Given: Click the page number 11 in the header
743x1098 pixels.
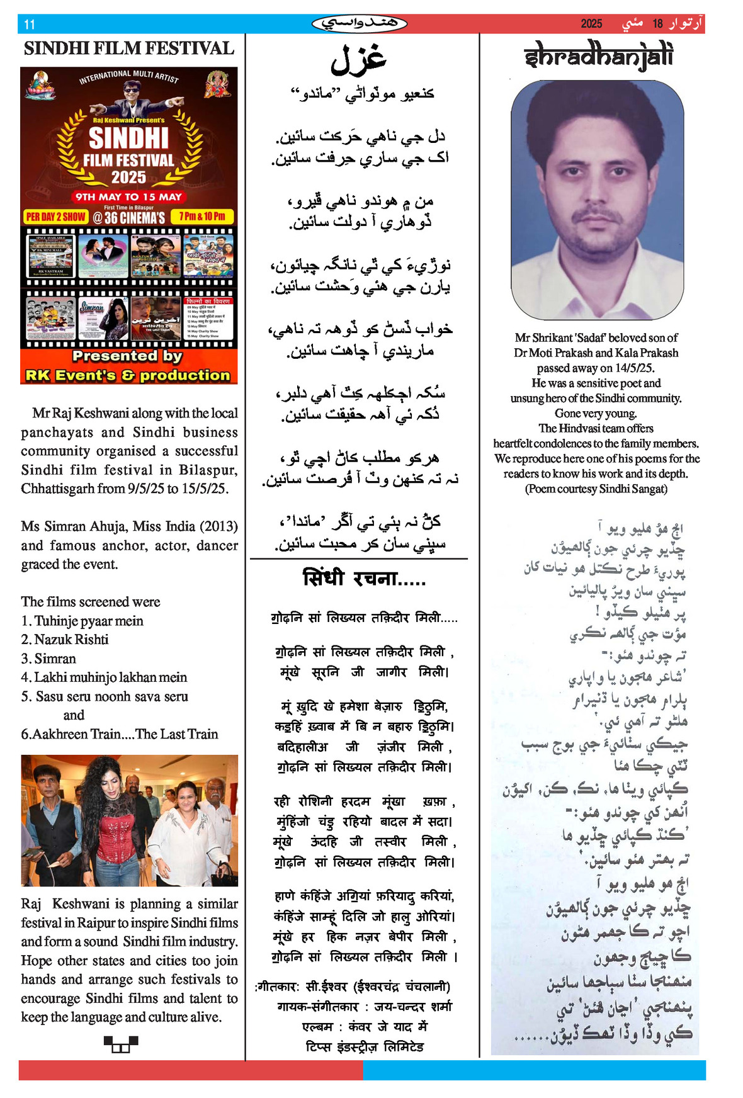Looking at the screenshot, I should (30, 25).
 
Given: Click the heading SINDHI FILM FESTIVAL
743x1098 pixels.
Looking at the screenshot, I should (129, 48).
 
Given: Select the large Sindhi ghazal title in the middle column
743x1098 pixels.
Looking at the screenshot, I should (358, 59).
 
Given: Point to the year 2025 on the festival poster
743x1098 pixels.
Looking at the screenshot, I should (128, 178).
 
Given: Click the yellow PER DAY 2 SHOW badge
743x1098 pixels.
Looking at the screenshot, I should (55, 217).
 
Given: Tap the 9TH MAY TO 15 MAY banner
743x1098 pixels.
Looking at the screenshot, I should (128, 196).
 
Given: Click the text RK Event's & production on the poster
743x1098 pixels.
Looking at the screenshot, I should (128, 375).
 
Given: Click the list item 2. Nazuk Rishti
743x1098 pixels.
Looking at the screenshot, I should (65, 640).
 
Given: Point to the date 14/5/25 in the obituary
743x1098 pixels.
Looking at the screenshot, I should (632, 368).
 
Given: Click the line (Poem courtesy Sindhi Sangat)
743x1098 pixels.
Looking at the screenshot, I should (596, 489).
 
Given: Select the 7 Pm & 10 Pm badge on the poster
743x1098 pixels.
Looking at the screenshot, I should (202, 217).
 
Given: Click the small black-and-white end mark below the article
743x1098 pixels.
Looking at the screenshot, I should (120, 1044).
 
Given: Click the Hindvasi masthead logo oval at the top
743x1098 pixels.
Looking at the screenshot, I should (359, 24).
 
